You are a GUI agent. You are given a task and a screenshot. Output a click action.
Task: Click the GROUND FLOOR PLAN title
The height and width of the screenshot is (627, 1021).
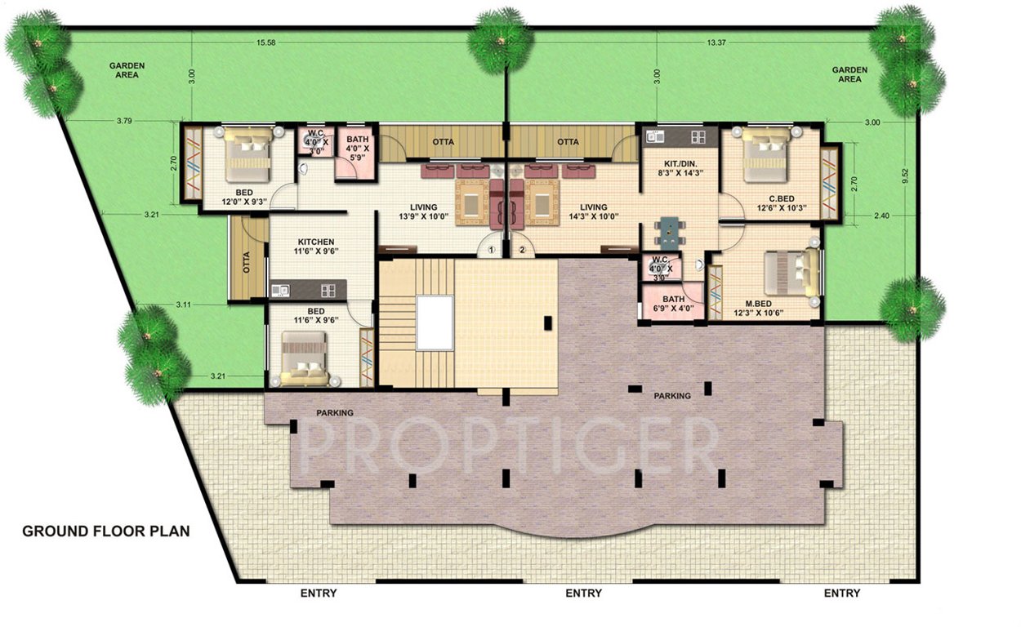click(105, 531)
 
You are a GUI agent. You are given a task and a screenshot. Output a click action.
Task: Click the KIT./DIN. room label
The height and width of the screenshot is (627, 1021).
click(679, 167)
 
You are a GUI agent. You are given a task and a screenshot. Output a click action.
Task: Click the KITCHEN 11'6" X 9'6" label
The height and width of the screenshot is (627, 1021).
click(315, 247)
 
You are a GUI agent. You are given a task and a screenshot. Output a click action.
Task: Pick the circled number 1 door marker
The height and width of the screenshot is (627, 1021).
click(492, 251)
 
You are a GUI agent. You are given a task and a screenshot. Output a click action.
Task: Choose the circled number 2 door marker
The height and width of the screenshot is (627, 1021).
click(522, 251)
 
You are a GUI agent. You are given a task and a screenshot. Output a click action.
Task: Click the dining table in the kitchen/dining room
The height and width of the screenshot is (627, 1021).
click(670, 231)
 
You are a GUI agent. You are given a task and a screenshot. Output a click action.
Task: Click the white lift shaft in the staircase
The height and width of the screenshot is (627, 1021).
click(435, 322)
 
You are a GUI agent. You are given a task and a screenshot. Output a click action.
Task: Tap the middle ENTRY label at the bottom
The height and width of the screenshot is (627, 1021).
click(583, 593)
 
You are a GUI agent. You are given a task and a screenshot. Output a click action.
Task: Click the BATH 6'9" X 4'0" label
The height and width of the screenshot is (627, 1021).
click(673, 305)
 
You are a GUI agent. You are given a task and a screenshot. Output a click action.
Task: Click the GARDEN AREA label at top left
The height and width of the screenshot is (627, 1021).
click(127, 69)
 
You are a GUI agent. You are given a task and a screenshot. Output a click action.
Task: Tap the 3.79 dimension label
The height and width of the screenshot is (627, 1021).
click(124, 121)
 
